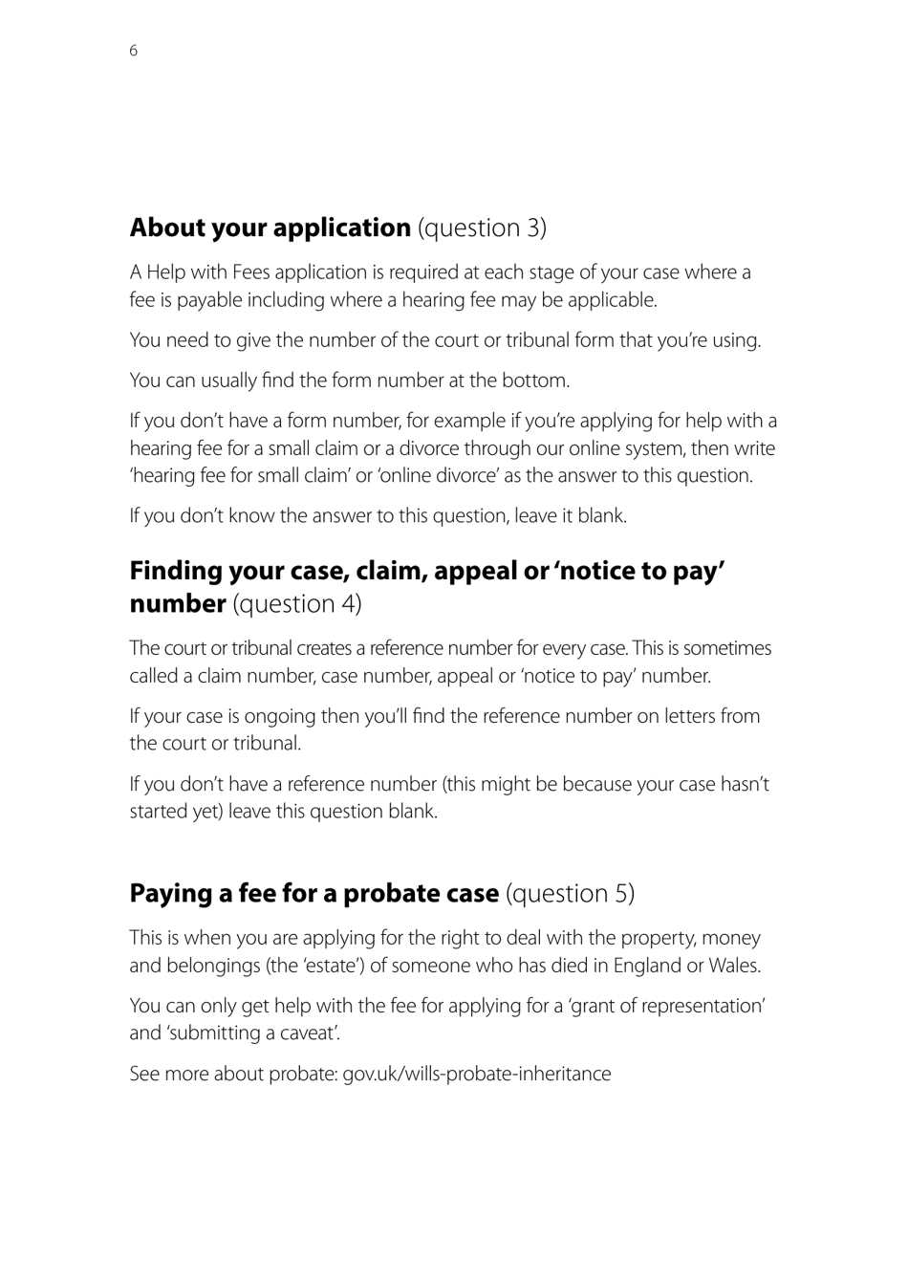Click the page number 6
tap(134, 51)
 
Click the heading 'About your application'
tap(270, 228)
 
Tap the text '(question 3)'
tap(483, 228)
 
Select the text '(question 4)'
tap(297, 604)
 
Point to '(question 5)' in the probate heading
tap(571, 893)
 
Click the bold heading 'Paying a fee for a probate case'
tap(313, 893)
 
